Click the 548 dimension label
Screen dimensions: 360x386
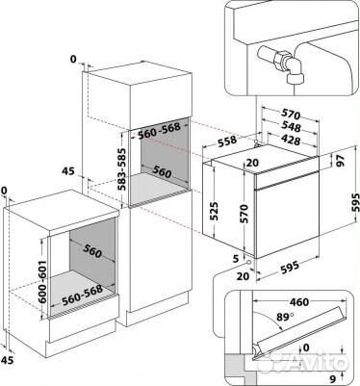pos(291,127)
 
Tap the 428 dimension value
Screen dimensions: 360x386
pos(291,140)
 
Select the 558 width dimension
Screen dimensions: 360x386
pos(227,142)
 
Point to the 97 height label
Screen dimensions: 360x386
pos(340,161)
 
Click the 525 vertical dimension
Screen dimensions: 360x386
pos(215,211)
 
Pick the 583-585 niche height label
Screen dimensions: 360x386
pos(121,169)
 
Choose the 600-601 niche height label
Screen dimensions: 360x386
pos(42,282)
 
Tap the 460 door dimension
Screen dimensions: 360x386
pos(299,302)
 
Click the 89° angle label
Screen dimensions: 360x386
pos(285,317)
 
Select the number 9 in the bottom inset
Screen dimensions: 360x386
pos(333,379)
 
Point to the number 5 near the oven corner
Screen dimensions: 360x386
pos(237,258)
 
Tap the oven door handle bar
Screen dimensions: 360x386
pos(287,181)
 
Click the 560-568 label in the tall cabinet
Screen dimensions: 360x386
pos(159,131)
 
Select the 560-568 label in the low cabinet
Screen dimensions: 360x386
pos(83,296)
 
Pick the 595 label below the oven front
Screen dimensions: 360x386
pos(290,268)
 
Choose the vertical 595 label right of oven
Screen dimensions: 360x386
pos(354,202)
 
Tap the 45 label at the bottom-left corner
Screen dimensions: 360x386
pos(9,360)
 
